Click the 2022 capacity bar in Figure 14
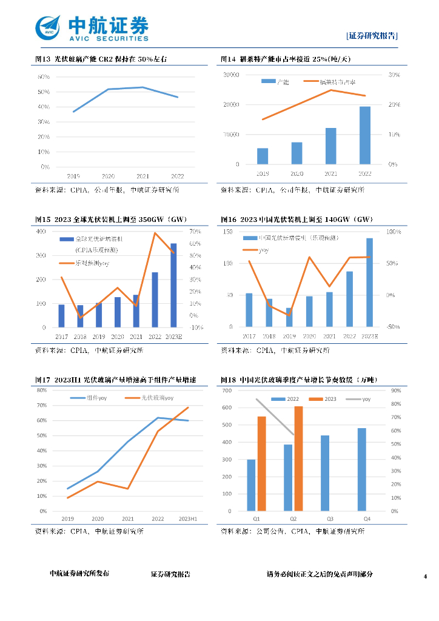[x=365, y=135]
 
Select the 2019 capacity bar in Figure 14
[x=263, y=156]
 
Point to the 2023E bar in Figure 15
[x=173, y=285]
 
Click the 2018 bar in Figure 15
[x=80, y=316]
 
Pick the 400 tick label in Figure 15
[x=41, y=232]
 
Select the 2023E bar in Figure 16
[x=369, y=283]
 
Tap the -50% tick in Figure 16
[x=392, y=327]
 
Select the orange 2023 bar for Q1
[x=262, y=463]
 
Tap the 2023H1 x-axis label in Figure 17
[x=188, y=519]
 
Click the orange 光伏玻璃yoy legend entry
[x=150, y=398]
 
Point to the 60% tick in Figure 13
[x=44, y=77]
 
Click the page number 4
[x=425, y=576]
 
